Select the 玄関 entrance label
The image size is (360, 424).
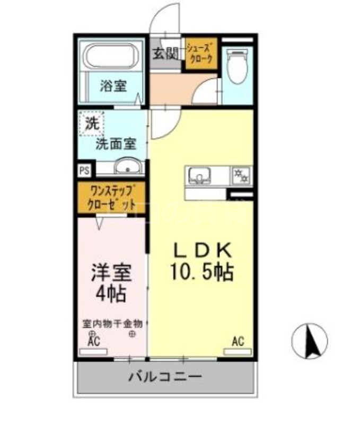click(x=165, y=53)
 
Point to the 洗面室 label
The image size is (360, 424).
click(x=117, y=143)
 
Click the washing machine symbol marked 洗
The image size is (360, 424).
click(x=92, y=125)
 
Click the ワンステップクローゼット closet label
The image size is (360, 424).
click(x=111, y=197)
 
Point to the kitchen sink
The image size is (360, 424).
click(x=200, y=174)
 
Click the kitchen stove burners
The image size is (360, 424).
click(x=241, y=174)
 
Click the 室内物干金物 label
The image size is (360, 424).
click(x=112, y=323)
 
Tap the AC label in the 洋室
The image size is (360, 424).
click(x=94, y=342)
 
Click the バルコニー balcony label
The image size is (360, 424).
click(x=165, y=377)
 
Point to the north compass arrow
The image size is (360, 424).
click(x=310, y=339)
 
